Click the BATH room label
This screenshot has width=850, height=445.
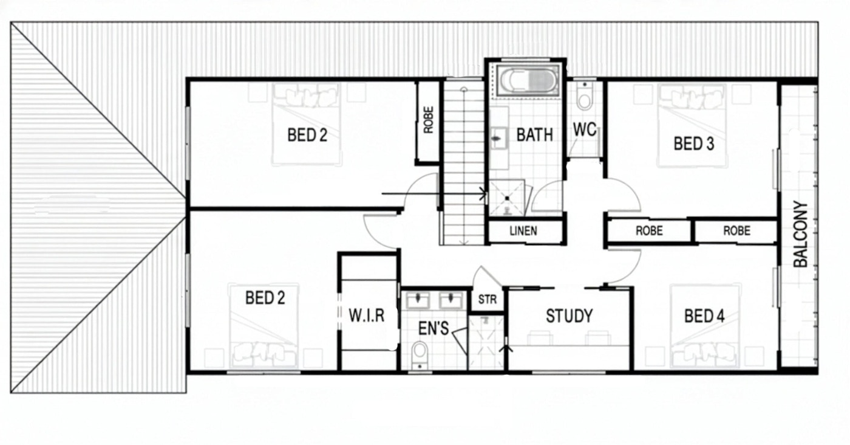coord(534,135)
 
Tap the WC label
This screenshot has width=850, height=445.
coord(584,129)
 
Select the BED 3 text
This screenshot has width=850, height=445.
coord(693,143)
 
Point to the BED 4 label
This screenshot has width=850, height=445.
coord(704,316)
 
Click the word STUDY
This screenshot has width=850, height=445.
coord(569,316)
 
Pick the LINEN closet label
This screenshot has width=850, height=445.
coord(523,230)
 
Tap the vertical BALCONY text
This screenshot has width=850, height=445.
coord(801,234)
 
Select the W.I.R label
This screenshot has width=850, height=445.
coord(367,316)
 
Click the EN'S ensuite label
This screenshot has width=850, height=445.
coord(433,328)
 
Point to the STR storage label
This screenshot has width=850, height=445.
coord(487,300)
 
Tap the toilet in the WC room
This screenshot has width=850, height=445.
coord(584,96)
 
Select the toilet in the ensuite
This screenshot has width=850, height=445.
coord(420,355)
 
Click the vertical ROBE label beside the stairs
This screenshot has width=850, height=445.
coord(428,120)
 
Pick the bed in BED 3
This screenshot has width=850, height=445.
coord(693,126)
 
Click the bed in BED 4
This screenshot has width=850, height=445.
coord(705,326)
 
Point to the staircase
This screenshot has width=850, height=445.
coord(464,162)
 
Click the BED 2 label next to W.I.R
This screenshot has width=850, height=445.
coord(265,298)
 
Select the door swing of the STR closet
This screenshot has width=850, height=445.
coord(488,276)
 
